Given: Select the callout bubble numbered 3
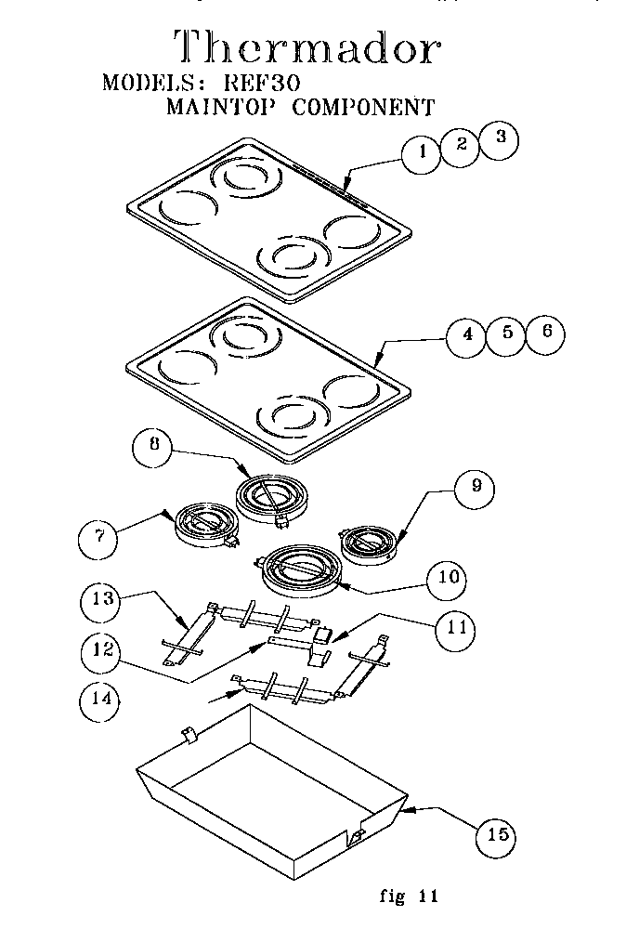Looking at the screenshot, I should pyautogui.click(x=500, y=139).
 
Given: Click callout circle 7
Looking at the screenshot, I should pyautogui.click(x=100, y=535).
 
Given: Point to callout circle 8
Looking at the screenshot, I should pyautogui.click(x=154, y=445).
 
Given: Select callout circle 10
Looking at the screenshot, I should pyautogui.click(x=447, y=577).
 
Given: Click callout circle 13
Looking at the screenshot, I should pyautogui.click(x=104, y=599).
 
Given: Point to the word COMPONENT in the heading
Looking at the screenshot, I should pyautogui.click(x=363, y=107).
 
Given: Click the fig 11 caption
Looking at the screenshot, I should pyautogui.click(x=408, y=896).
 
